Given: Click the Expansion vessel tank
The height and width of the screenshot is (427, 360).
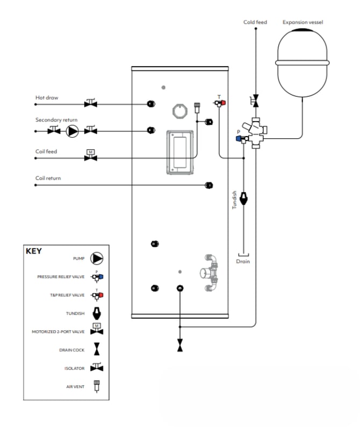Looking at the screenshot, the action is pyautogui.click(x=303, y=62).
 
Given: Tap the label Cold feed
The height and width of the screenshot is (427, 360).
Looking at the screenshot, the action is pyautogui.click(x=255, y=22).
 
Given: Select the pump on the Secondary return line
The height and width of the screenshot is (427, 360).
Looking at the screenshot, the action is pyautogui.click(x=73, y=131).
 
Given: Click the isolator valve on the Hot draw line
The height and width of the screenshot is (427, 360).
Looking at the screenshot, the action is pyautogui.click(x=91, y=103).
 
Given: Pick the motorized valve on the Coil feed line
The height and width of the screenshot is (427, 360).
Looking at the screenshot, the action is pyautogui.click(x=91, y=155).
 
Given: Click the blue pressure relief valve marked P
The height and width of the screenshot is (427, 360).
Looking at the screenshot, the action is pyautogui.click(x=242, y=139).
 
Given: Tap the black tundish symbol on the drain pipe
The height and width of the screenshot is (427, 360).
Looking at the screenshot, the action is pyautogui.click(x=243, y=199).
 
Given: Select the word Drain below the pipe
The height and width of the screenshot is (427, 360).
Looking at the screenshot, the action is pyautogui.click(x=243, y=261).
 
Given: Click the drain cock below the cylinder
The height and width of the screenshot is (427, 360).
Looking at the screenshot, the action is pyautogui.click(x=180, y=345).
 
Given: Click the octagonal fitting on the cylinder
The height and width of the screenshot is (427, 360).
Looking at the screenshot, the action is pyautogui.click(x=180, y=111).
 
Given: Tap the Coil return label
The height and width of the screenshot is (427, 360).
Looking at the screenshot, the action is pyautogui.click(x=48, y=178).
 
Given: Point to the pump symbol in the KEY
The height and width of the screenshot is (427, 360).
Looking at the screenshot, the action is pyautogui.click(x=97, y=258).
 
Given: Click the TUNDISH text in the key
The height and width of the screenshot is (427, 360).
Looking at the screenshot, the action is pyautogui.click(x=75, y=314).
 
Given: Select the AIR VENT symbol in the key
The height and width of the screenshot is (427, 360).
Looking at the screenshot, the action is pyautogui.click(x=97, y=386).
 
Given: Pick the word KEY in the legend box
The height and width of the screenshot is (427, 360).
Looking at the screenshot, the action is pyautogui.click(x=34, y=251).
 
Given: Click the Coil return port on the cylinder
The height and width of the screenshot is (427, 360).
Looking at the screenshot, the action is pyautogui.click(x=208, y=186).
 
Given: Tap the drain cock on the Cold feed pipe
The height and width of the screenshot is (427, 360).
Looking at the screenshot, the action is pyautogui.click(x=255, y=101).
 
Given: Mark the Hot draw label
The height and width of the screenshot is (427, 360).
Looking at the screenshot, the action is pyautogui.click(x=47, y=97).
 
